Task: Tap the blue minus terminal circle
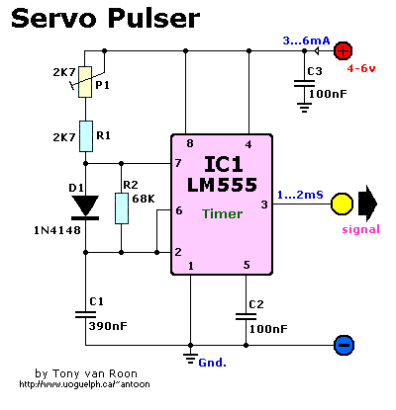click(x=343, y=346)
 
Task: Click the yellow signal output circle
click(x=343, y=204)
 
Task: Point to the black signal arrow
click(x=368, y=204)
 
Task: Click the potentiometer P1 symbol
click(x=86, y=82)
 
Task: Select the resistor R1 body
click(x=86, y=133)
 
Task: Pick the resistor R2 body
click(x=121, y=208)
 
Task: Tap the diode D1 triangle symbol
click(x=86, y=205)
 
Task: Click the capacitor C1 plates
click(x=86, y=315)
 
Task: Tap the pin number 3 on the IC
click(x=263, y=205)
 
